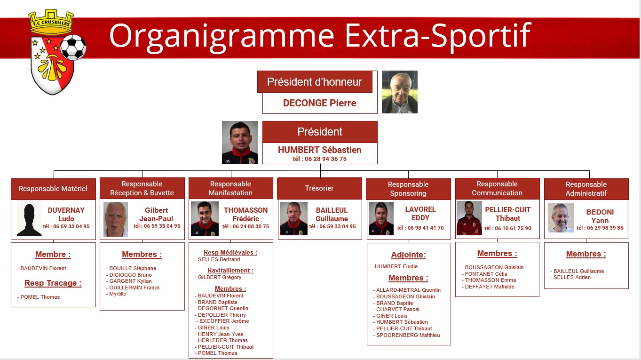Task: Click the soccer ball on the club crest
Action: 73,48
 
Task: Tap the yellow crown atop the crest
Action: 51,22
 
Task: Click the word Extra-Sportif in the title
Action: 438,36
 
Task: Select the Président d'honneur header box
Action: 315,82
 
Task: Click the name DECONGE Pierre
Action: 320,103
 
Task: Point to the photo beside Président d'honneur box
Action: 399,92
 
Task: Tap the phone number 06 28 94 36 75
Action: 325,159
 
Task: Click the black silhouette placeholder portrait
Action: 29,219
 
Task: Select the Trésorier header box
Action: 320,188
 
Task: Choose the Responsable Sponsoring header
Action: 408,189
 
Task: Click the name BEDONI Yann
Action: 600,216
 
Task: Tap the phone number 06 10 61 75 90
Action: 513,228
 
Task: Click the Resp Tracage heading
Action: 53,283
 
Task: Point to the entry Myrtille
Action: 118,294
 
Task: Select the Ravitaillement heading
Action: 230,271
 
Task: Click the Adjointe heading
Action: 408,255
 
